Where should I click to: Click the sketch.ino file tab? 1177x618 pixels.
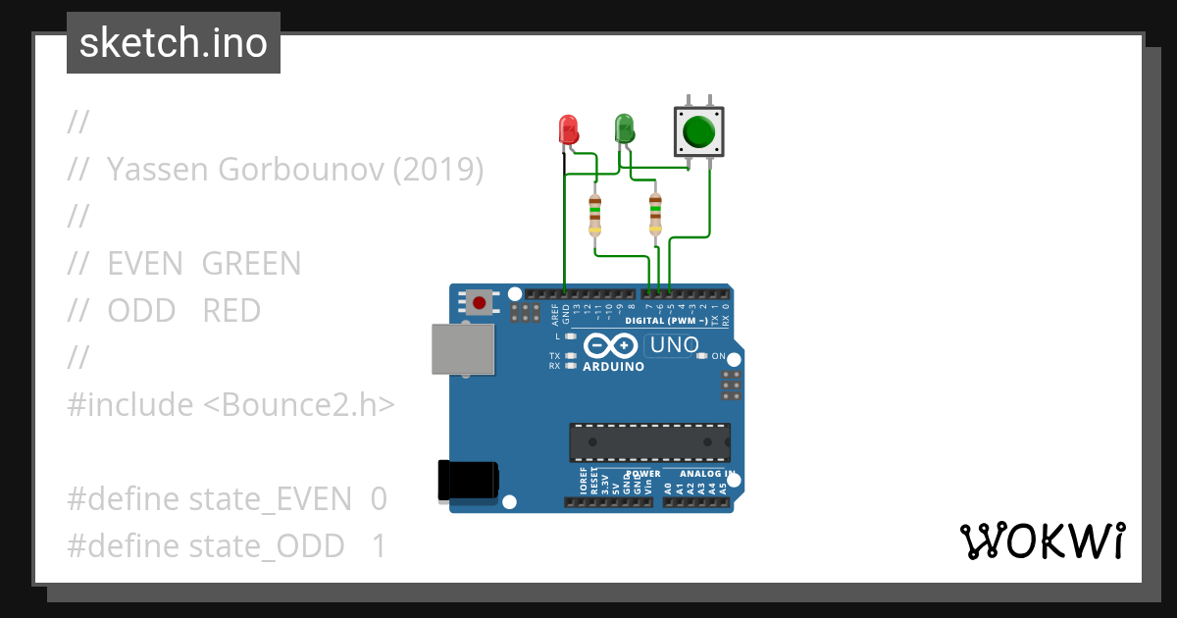[174, 43]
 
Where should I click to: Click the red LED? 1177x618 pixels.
[568, 129]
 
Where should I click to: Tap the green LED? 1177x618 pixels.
[624, 128]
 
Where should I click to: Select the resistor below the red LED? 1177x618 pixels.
[594, 215]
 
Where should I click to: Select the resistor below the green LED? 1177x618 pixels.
[655, 215]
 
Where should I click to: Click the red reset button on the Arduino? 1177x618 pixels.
[479, 303]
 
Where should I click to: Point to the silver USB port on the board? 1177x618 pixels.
[463, 350]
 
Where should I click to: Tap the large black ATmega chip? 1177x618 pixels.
[650, 442]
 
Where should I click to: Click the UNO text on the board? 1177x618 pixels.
[675, 345]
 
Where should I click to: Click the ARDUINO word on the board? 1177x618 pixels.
[614, 367]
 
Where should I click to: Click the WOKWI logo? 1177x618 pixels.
[1042, 541]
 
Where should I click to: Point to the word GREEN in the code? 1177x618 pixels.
[251, 264]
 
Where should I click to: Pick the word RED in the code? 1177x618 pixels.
[231, 311]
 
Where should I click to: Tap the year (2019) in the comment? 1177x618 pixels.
[438, 170]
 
